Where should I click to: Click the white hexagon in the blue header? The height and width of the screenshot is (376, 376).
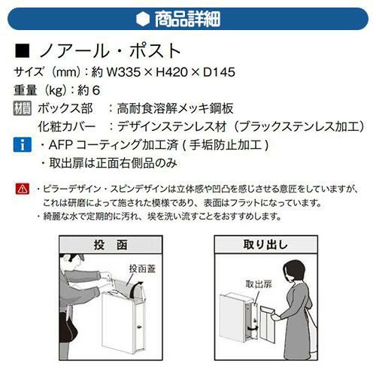[x=143, y=19]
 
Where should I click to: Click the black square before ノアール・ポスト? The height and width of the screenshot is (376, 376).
[x=22, y=50]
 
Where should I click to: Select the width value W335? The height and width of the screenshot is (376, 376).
[x=123, y=72]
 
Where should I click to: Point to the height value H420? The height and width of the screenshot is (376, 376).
[x=172, y=72]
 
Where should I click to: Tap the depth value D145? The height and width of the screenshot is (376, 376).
[x=219, y=72]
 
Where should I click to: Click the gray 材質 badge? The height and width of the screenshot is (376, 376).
[x=23, y=108]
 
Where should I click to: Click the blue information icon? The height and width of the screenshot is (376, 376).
[x=23, y=144]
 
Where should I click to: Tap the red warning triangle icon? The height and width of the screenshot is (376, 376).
[x=23, y=189]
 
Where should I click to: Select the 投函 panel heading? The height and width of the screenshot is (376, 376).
[x=111, y=244]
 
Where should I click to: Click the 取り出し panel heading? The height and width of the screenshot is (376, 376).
[x=265, y=244]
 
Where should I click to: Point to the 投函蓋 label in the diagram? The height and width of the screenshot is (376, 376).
[x=142, y=268]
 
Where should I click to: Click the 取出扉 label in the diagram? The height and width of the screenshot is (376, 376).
[x=259, y=284]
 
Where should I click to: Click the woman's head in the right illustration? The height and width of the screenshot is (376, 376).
[x=294, y=273]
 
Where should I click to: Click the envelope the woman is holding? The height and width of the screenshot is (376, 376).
[x=268, y=325]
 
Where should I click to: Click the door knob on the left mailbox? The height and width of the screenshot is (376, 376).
[x=138, y=327]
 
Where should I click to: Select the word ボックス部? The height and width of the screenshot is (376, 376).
[x=65, y=108]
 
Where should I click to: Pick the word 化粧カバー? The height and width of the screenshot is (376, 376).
[x=67, y=126]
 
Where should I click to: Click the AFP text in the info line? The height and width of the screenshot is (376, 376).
[x=61, y=144]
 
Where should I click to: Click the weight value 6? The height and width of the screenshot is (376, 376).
[x=96, y=90]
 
